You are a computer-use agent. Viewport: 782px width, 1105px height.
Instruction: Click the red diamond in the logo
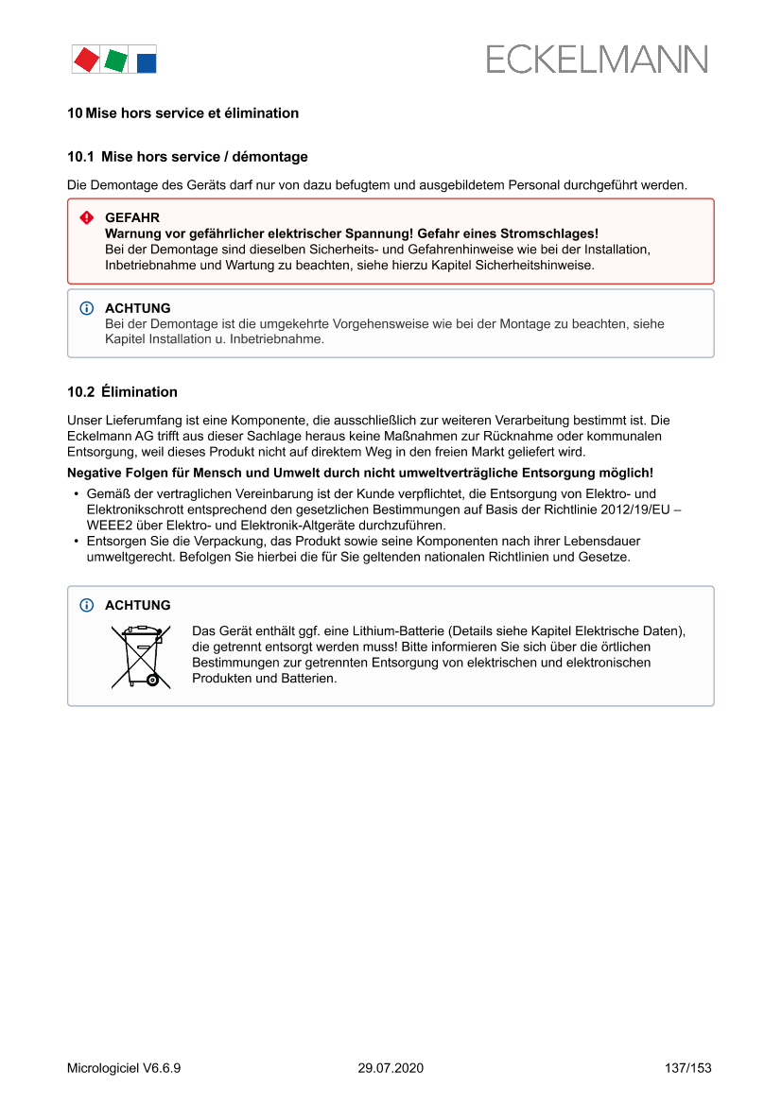86,60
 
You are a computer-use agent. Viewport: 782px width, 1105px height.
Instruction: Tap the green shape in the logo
115,61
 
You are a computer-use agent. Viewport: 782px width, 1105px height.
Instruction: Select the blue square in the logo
147,63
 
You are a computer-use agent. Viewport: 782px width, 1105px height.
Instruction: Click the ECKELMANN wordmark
597,60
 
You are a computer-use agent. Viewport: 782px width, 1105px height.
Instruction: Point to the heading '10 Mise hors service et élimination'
182,113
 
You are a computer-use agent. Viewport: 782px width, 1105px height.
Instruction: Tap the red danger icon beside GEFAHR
87,218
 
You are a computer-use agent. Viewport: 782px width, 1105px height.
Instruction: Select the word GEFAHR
131,217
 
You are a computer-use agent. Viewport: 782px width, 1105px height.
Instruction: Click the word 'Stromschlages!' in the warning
554,233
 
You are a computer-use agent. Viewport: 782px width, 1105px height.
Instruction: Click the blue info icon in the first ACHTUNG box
87,309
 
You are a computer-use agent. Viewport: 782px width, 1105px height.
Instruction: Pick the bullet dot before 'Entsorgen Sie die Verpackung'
76,542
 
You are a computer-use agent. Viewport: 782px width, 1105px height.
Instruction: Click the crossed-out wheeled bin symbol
140,656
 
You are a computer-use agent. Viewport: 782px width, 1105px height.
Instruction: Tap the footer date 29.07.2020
391,1068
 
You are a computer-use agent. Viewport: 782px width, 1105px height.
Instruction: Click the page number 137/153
687,1068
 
